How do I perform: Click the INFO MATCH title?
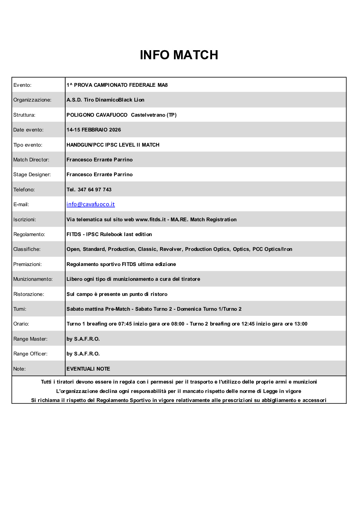click(x=179, y=55)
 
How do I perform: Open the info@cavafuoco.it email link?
click(x=90, y=204)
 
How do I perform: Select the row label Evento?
click(x=22, y=85)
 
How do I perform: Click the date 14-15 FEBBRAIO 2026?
click(x=93, y=130)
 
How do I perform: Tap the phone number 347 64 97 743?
click(x=94, y=190)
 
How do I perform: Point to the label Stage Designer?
click(x=32, y=174)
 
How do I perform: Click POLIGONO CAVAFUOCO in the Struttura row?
click(x=97, y=115)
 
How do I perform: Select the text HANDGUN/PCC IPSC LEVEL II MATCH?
click(x=113, y=145)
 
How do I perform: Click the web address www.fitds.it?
click(x=150, y=219)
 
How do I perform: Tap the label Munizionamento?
click(x=33, y=279)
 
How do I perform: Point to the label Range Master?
click(x=30, y=339)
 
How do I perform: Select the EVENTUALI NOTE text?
click(x=88, y=369)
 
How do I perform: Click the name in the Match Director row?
click(x=100, y=160)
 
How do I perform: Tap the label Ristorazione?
click(x=29, y=294)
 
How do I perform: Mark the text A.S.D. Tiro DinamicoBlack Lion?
click(x=105, y=100)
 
